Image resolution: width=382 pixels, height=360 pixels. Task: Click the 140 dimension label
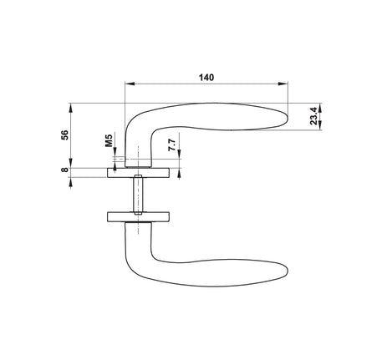(206, 78)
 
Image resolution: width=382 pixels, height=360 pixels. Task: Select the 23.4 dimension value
(313, 115)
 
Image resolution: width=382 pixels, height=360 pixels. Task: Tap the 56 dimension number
(64, 135)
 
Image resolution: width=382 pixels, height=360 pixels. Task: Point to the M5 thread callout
(109, 140)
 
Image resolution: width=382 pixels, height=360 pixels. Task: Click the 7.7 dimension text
(172, 145)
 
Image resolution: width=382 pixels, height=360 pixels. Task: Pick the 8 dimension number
(64, 170)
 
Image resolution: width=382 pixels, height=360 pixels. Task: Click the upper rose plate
(138, 173)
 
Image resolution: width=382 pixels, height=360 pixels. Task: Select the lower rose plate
(138, 217)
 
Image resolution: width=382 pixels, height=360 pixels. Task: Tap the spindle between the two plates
(138, 195)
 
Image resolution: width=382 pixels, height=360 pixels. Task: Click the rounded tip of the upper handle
(287, 118)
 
